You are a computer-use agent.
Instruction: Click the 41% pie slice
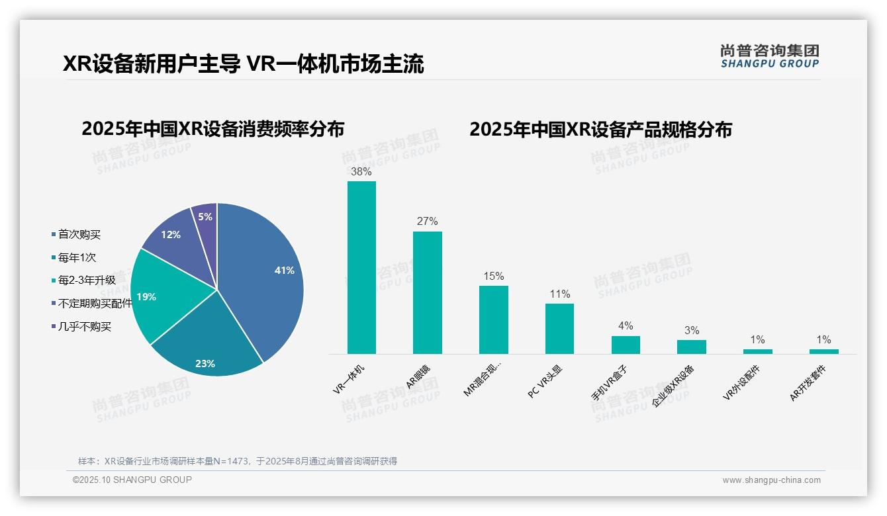point(265,271)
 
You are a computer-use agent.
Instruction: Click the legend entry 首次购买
point(79,235)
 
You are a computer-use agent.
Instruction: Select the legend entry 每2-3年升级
point(86,280)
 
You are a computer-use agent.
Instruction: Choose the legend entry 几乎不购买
point(84,327)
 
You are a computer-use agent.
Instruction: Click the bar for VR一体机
point(361,268)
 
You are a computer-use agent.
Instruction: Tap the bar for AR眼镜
point(427,292)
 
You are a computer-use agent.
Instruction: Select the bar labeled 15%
point(493,320)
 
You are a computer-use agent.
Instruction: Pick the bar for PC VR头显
point(559,329)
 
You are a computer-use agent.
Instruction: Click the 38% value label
point(361,171)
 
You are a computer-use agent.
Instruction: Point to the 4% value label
point(625,325)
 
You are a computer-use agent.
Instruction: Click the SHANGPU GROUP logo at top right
point(769,56)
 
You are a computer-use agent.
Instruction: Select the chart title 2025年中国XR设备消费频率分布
point(212,129)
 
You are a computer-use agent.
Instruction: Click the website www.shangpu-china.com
point(771,480)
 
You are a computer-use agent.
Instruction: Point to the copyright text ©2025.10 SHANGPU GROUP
point(132,480)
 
